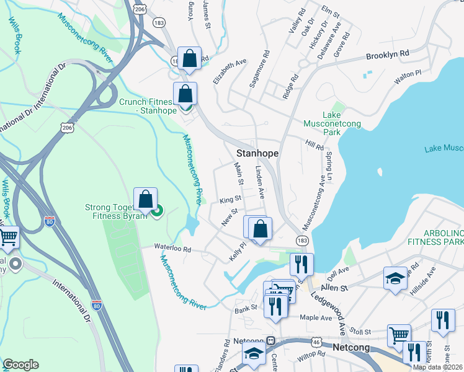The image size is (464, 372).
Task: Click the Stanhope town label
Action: [x=257, y=153]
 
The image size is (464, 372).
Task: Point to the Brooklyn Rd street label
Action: [x=388, y=55]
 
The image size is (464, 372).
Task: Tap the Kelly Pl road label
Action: [x=238, y=251]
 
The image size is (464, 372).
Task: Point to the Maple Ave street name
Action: [x=316, y=318]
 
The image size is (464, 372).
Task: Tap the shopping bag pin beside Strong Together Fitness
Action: [x=145, y=200]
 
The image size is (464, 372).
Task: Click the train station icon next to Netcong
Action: [x=270, y=341]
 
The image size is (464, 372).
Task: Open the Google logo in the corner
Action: [x=20, y=364]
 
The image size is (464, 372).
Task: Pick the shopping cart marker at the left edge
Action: [x=7, y=237]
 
